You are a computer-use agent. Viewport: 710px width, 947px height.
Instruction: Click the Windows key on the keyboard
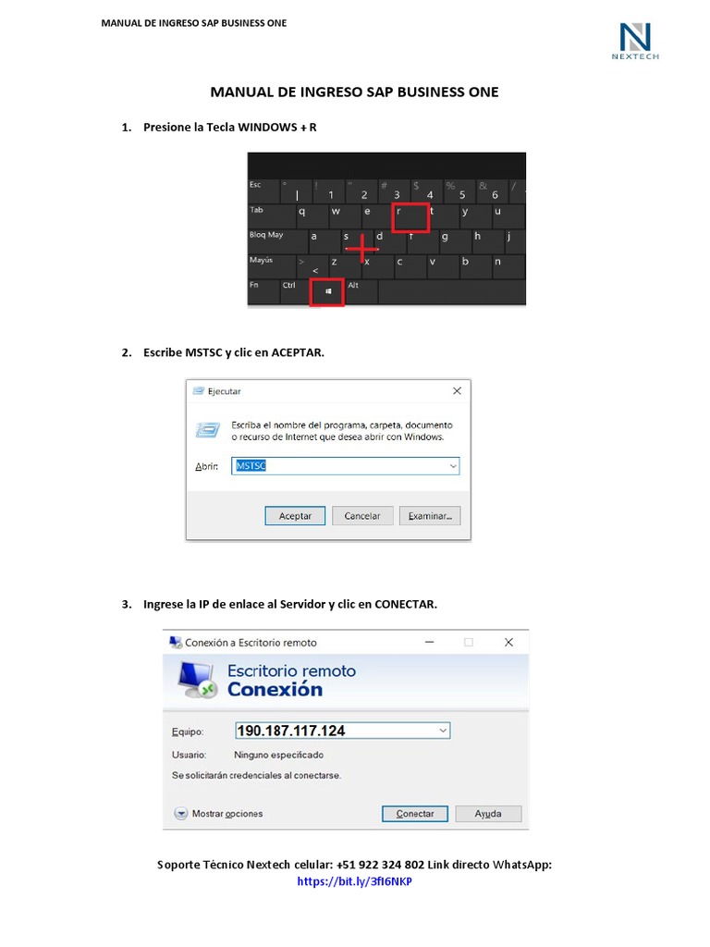pyautogui.click(x=327, y=291)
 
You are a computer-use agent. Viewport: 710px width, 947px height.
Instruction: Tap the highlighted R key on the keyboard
pyautogui.click(x=410, y=216)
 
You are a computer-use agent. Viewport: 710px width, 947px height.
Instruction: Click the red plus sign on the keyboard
pyautogui.click(x=361, y=248)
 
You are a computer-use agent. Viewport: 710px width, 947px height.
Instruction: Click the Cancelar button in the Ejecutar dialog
pyautogui.click(x=362, y=516)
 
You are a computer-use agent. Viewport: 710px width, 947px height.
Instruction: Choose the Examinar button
pyautogui.click(x=430, y=516)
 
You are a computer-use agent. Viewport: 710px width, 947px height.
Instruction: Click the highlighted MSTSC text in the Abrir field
pyautogui.click(x=251, y=466)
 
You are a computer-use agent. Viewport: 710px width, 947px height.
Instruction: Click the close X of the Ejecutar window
pyautogui.click(x=457, y=391)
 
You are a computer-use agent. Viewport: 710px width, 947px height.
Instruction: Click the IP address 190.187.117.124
pyautogui.click(x=291, y=731)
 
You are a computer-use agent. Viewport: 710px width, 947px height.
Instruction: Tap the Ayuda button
pyautogui.click(x=488, y=814)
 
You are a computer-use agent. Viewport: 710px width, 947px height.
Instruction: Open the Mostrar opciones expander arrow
pyautogui.click(x=181, y=814)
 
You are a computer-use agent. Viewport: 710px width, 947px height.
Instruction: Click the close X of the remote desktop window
pyautogui.click(x=508, y=642)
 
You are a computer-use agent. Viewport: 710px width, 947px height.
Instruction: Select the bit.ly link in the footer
pyautogui.click(x=354, y=882)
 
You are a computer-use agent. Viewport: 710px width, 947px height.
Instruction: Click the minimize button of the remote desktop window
pyautogui.click(x=429, y=642)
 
